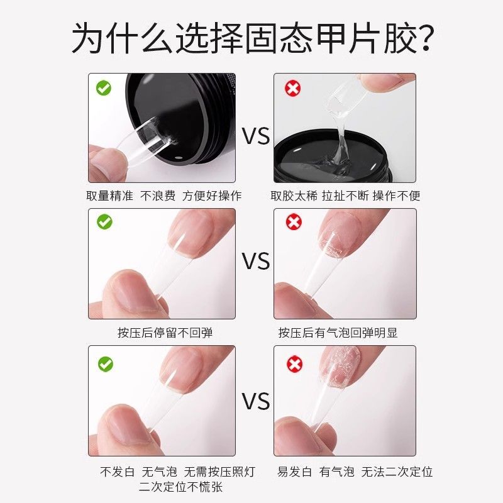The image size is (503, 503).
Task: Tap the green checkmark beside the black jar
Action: (x=104, y=88)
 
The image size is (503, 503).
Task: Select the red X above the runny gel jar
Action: (x=292, y=88)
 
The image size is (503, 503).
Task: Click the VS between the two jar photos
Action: (x=256, y=136)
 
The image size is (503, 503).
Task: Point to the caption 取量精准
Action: (x=109, y=196)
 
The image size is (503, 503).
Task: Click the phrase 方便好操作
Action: (x=212, y=196)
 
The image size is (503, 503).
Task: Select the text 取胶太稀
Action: (x=294, y=196)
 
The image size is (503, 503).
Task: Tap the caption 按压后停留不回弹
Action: (x=165, y=333)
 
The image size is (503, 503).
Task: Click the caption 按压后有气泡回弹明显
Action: (x=338, y=333)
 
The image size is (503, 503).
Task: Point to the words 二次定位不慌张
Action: (x=180, y=487)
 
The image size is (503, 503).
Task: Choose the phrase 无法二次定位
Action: (x=397, y=472)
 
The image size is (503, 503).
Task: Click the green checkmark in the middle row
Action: (x=104, y=222)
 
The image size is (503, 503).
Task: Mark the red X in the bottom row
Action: (x=294, y=364)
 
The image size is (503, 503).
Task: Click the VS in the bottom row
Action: (x=256, y=401)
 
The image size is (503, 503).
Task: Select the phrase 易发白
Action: (x=294, y=472)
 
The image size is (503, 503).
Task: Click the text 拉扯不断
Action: (x=345, y=196)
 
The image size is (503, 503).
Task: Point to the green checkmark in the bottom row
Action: (x=106, y=364)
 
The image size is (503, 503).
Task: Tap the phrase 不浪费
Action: (x=158, y=196)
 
